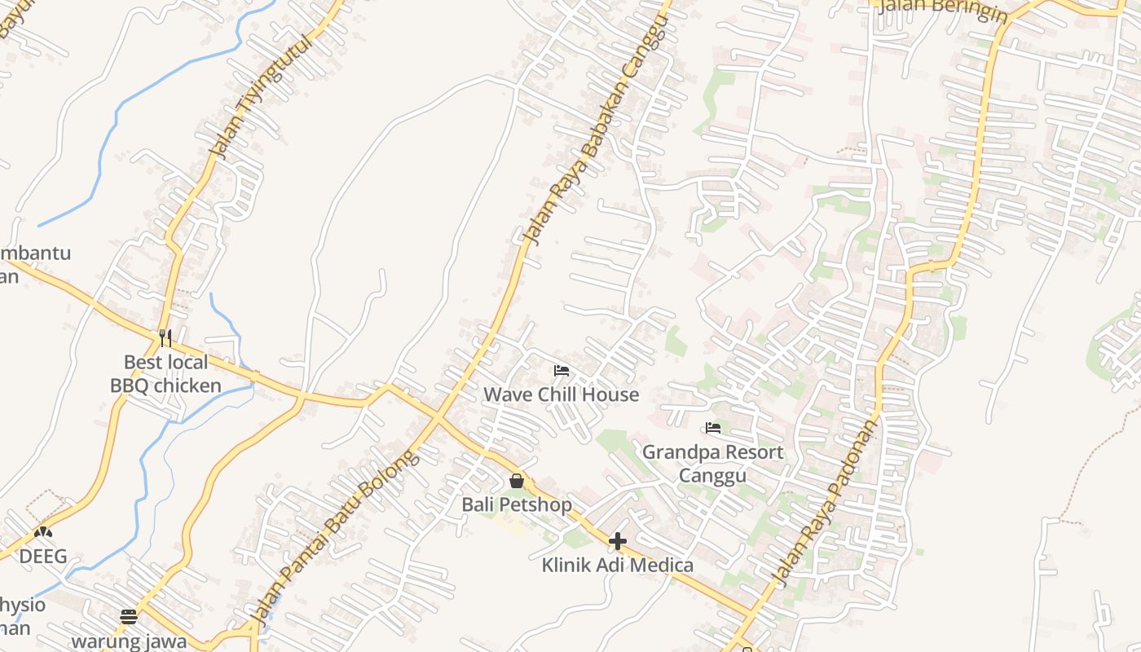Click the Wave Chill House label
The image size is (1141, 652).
click(x=561, y=394)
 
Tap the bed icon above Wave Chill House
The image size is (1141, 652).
click(x=561, y=371)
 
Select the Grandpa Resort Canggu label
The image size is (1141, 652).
click(x=712, y=463)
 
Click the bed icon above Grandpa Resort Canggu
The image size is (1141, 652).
click(x=713, y=428)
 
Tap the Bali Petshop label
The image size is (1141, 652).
click(x=517, y=504)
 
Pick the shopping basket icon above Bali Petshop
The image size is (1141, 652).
click(x=516, y=481)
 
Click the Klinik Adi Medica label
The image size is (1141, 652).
click(x=618, y=565)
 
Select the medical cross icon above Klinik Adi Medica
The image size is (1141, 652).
click(x=618, y=540)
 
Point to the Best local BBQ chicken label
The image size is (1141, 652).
click(x=165, y=373)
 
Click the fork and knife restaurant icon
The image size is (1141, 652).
click(x=165, y=337)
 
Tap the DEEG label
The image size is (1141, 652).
click(x=43, y=557)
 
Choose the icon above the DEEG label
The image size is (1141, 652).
click(x=43, y=532)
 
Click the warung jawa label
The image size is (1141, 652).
click(x=129, y=641)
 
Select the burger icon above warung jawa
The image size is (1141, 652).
click(x=129, y=616)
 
